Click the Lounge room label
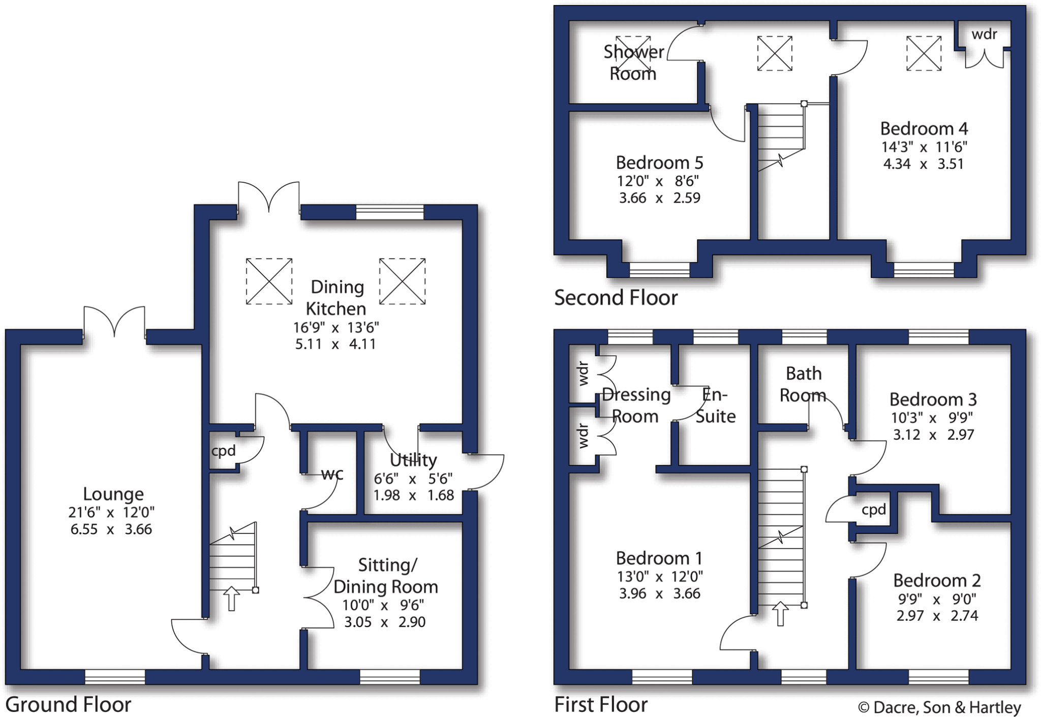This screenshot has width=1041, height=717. [x=113, y=494]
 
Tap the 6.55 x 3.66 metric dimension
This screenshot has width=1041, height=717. [x=111, y=529]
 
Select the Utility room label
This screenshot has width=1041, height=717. [x=413, y=460]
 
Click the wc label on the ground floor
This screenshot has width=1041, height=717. [x=332, y=474]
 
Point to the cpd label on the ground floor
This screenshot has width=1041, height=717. [x=224, y=451]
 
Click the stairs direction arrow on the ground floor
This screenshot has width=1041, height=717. [x=231, y=598]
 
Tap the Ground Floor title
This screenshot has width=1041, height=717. [x=68, y=705]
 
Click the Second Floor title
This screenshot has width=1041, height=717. [x=616, y=298]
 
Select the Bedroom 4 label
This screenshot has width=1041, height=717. [x=924, y=128]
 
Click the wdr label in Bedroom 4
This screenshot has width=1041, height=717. [x=984, y=34]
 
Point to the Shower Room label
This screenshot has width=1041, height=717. [x=633, y=63]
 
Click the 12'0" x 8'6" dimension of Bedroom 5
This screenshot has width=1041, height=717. [x=659, y=181]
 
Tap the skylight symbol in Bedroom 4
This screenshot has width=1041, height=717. [x=924, y=53]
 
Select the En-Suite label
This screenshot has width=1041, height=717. [x=715, y=405]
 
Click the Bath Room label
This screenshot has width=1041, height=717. [x=803, y=384]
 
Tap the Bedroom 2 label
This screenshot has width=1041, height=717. [x=937, y=580]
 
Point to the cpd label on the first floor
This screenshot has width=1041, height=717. [x=874, y=509]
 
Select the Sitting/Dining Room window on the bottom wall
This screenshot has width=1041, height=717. [x=390, y=676]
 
